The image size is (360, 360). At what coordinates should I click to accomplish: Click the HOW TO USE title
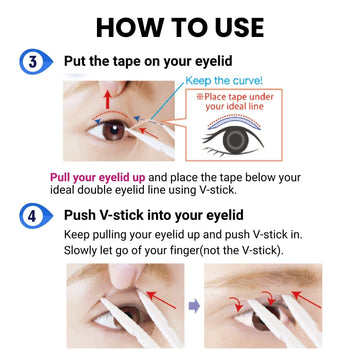tap(180, 27)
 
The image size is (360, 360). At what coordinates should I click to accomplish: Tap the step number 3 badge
tap(36, 61)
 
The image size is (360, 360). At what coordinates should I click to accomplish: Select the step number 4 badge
tap(36, 216)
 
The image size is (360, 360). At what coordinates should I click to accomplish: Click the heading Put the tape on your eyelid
tap(148, 61)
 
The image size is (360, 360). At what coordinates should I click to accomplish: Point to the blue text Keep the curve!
tap(224, 81)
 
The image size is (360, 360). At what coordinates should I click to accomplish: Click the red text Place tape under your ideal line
tap(239, 102)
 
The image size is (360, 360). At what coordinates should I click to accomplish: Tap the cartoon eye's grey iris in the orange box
tap(236, 139)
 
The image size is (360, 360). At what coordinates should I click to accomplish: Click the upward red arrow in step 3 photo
tap(107, 99)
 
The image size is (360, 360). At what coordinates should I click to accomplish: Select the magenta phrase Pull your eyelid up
tap(98, 178)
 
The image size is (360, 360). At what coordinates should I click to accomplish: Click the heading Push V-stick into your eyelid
tap(153, 215)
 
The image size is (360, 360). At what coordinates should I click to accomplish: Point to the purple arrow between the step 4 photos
tap(194, 306)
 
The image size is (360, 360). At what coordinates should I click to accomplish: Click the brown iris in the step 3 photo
tap(114, 130)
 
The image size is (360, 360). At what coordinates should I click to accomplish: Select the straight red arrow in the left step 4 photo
tap(161, 299)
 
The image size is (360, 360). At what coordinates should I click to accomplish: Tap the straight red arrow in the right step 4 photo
tap(306, 299)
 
